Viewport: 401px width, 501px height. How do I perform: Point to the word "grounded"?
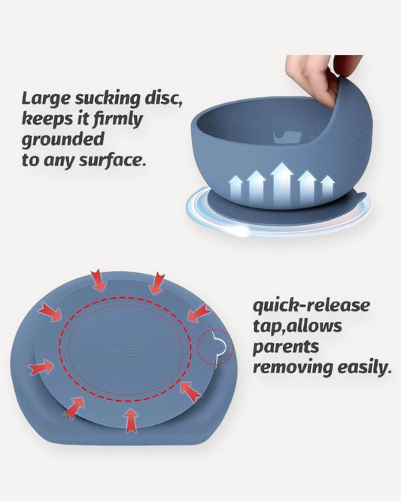click(x=62, y=139)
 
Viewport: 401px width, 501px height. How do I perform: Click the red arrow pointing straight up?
click(x=131, y=419)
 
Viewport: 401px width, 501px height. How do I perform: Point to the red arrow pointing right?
click(x=41, y=368)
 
